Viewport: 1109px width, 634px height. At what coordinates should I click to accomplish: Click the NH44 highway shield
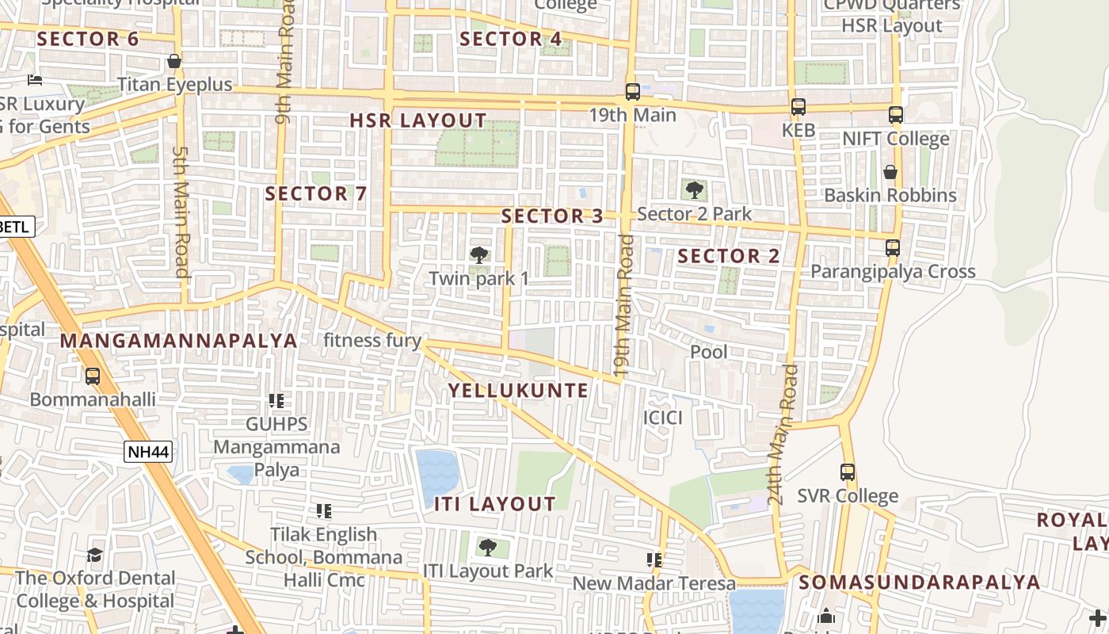(148, 452)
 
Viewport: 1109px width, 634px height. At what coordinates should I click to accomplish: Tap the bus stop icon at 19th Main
(632, 92)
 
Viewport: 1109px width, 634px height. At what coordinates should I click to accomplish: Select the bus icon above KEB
(798, 107)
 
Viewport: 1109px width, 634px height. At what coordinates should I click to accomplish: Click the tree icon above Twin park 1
(478, 255)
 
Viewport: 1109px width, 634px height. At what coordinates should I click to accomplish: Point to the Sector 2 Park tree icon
(694, 190)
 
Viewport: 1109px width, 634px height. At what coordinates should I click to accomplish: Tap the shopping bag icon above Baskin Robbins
(890, 172)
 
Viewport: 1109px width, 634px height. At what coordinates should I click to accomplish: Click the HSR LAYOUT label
(418, 121)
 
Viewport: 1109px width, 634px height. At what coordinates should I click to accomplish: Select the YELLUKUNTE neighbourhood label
(519, 390)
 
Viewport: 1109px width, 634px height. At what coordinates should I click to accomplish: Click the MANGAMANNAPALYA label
(179, 341)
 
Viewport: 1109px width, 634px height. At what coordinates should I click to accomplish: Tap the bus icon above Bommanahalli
(93, 376)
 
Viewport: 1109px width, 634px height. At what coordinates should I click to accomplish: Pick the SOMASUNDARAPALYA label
(919, 582)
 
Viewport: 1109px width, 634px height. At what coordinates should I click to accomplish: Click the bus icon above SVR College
(848, 472)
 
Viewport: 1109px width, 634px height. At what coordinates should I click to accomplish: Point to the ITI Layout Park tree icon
(488, 547)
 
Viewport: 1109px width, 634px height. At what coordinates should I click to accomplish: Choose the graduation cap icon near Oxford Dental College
(94, 554)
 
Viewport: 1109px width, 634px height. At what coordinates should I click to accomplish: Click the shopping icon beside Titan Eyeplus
(174, 61)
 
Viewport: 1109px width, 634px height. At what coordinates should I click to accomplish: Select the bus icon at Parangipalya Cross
(893, 247)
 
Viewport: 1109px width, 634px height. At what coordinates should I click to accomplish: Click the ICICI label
(663, 418)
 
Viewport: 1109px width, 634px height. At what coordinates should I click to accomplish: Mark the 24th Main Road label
(784, 434)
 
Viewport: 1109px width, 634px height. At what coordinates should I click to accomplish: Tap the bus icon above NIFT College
(895, 115)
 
